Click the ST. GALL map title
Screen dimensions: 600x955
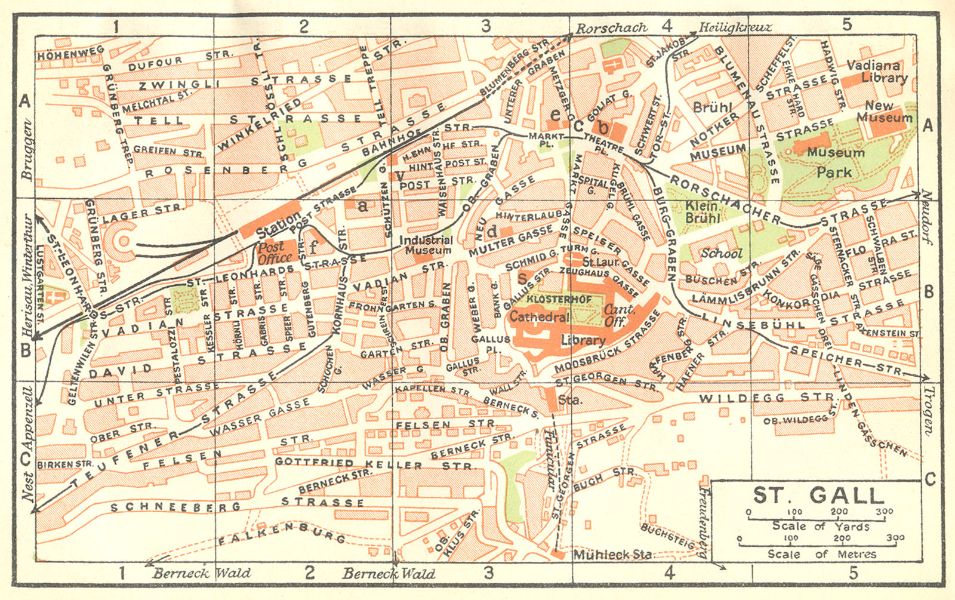point(818,496)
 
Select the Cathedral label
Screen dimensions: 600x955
point(539,317)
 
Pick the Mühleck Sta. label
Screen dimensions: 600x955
point(612,555)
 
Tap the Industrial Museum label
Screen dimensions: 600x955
point(426,245)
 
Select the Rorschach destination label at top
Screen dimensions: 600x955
point(611,27)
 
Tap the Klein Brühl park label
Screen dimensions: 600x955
point(701,212)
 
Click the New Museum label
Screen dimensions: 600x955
point(884,112)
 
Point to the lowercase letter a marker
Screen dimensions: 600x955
point(362,207)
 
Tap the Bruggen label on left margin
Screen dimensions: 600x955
point(26,149)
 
